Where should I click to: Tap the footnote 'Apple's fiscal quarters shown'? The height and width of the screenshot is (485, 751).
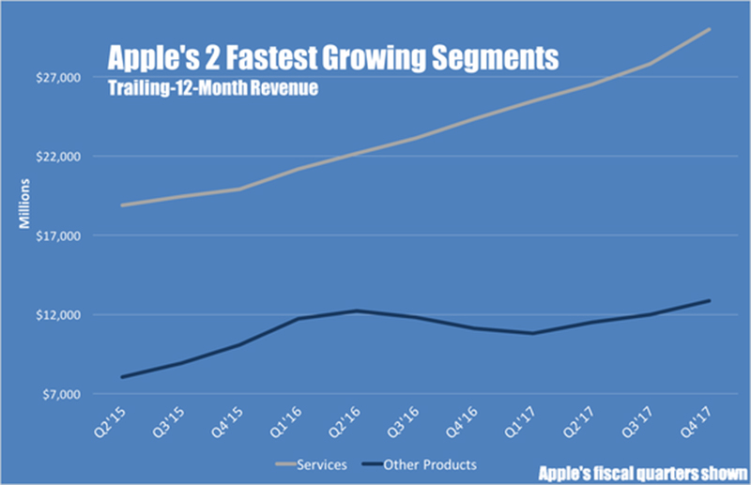click(643, 472)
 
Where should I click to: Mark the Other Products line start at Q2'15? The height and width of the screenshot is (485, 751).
click(122, 377)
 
